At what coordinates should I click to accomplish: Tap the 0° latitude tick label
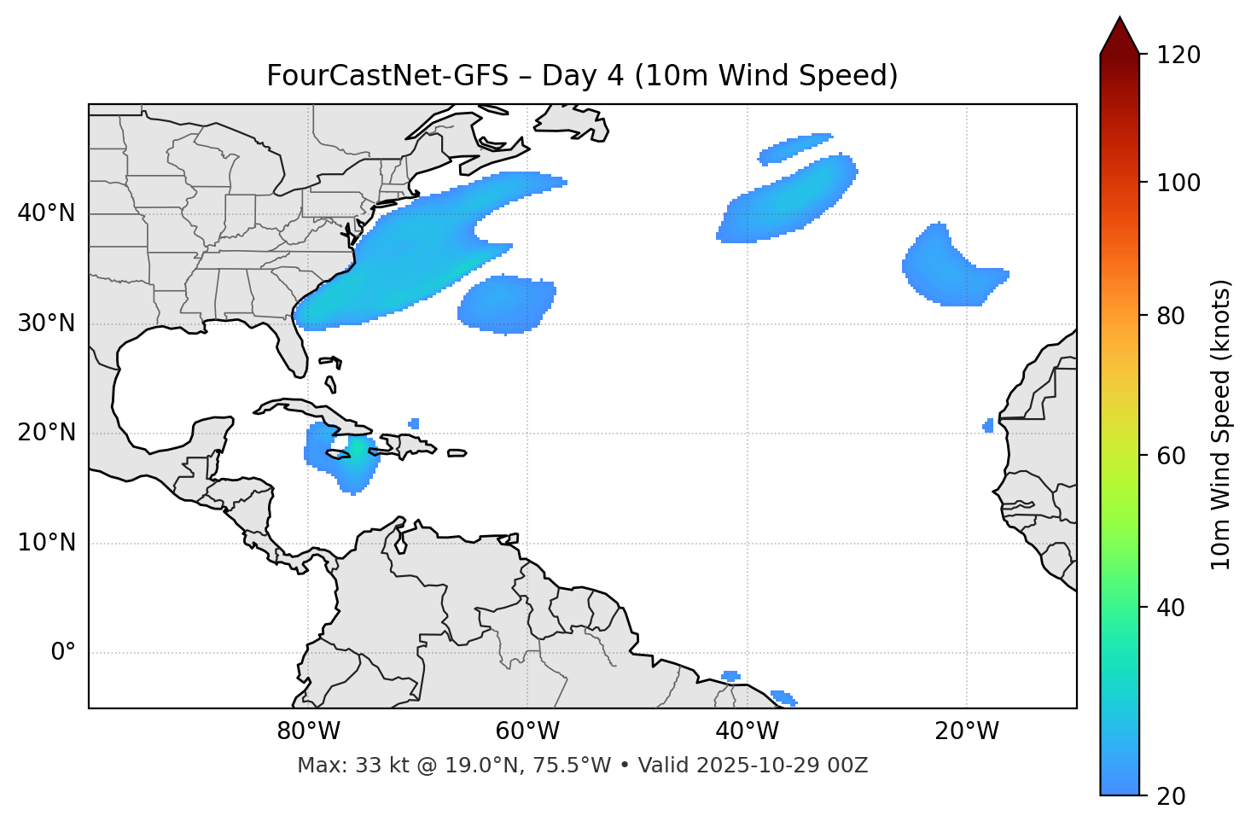click(x=63, y=653)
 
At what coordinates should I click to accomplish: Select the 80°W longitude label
click(x=308, y=731)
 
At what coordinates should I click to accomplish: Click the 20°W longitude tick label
click(x=967, y=731)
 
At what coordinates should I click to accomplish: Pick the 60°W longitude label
click(x=527, y=731)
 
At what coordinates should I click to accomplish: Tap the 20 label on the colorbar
click(x=1171, y=795)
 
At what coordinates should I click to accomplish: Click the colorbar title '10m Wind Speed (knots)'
click(x=1221, y=424)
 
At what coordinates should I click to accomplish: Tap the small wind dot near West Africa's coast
click(x=988, y=425)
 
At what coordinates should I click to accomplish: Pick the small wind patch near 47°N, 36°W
click(x=794, y=148)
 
